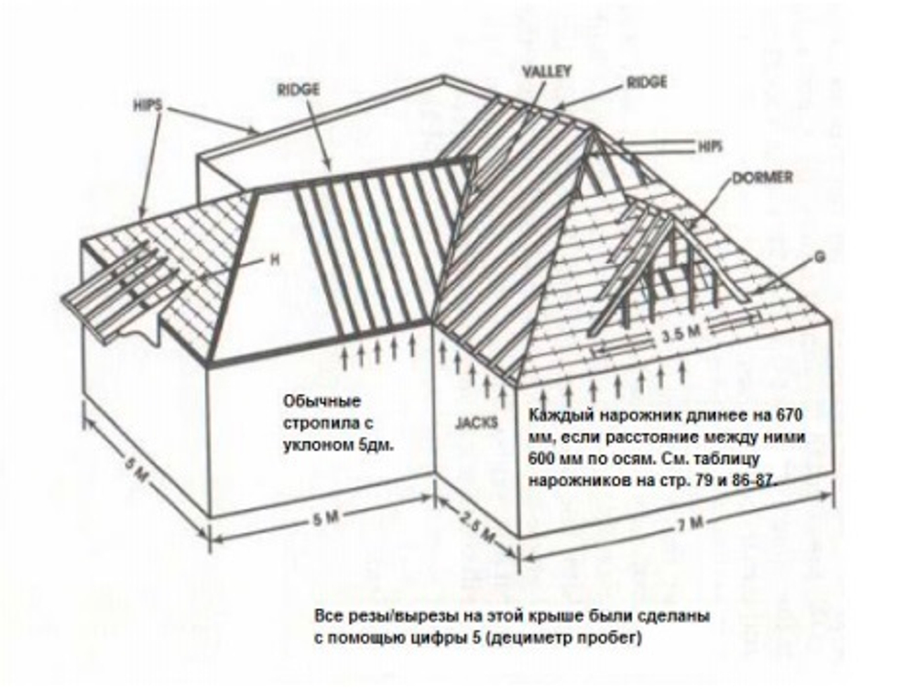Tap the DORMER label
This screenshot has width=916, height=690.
(763, 177)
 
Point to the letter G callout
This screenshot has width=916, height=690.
(820, 257)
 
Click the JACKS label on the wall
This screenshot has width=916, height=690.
(476, 422)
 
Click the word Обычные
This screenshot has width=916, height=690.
(322, 402)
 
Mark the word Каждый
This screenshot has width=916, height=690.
(556, 415)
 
